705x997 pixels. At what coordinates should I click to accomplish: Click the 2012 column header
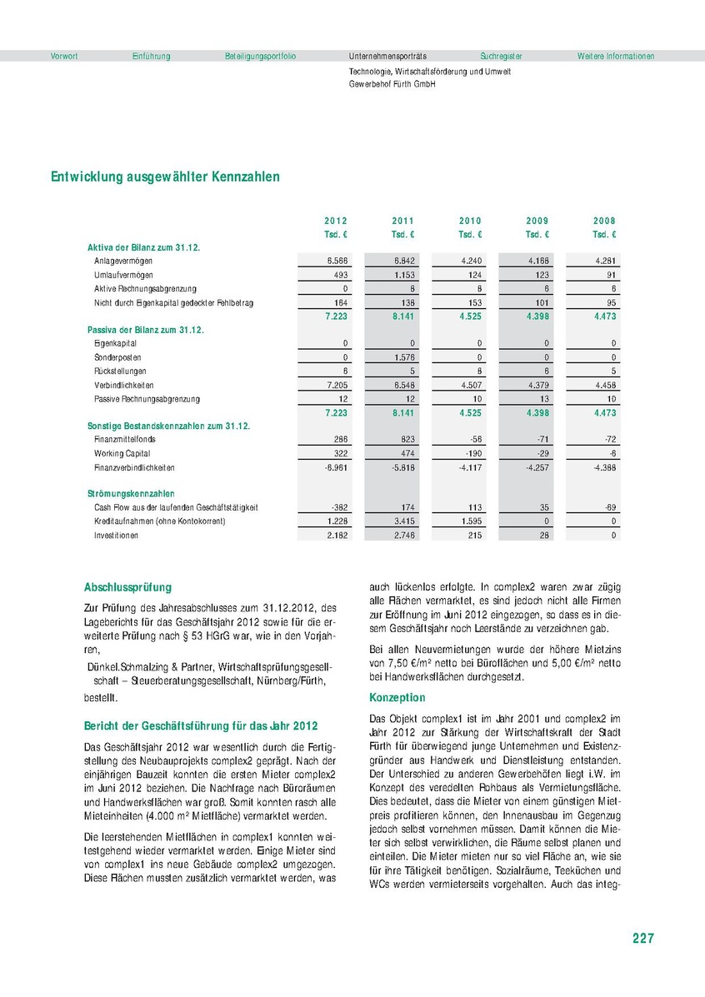pos(336,221)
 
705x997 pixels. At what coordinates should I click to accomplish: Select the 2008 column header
pos(604,221)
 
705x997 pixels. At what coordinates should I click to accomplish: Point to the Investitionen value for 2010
pos(472,535)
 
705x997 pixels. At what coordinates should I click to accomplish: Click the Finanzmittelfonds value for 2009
pos(540,439)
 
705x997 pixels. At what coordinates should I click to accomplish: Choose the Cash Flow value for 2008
pos(607,507)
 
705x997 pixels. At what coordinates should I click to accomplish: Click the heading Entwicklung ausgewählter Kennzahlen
pos(165,177)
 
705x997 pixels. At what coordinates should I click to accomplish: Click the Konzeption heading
pos(397,697)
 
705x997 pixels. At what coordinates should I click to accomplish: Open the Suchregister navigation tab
pos(501,56)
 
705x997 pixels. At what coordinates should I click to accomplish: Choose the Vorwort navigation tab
pos(64,56)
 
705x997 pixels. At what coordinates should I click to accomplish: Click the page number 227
pos(642,939)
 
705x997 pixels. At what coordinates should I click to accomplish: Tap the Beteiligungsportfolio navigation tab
pos(260,56)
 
